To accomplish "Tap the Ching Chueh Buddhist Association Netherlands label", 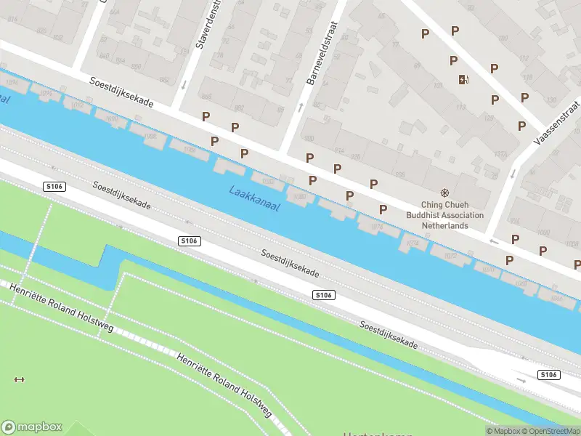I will pos(444,215).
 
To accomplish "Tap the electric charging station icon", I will pos(463,80).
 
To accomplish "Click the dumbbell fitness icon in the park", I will pos(19,379).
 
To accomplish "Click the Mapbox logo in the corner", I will pos(32,427).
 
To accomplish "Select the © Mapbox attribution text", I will pos(503,431).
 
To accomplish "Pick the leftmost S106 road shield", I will pos(54,187).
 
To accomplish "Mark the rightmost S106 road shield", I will pos(548,374).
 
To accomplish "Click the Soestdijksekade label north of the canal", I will pos(121,92).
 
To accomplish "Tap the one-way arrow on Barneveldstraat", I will pos(301,108).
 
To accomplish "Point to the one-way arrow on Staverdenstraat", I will pos(182,85).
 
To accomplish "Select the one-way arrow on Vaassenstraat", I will pos(513,174).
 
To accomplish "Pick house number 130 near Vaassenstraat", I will pos(551,100).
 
